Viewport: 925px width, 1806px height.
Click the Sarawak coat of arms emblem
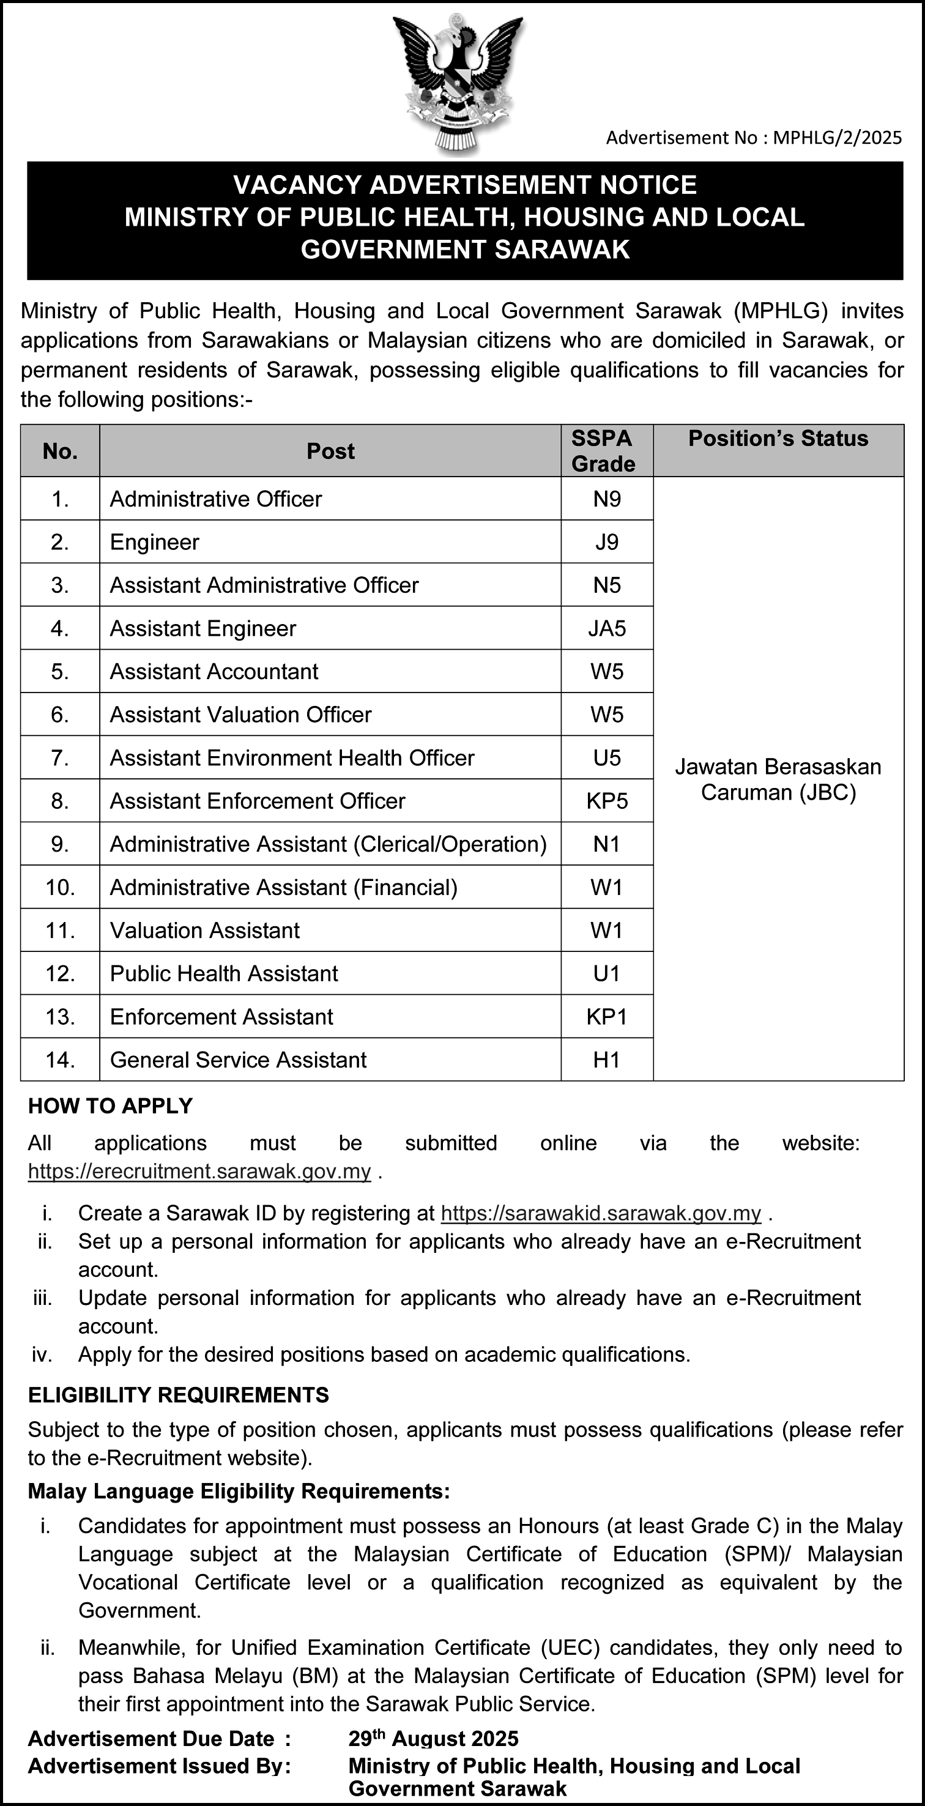458,81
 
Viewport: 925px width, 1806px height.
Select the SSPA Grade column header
603,451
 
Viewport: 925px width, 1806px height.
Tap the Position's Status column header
778,439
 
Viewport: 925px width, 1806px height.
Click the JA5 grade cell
607,628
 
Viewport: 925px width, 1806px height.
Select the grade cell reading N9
607,499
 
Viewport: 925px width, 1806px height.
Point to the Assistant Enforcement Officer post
258,801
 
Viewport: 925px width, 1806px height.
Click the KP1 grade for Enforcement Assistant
607,1017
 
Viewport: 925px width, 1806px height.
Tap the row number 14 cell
61,1060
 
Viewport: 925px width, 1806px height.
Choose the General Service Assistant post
239,1060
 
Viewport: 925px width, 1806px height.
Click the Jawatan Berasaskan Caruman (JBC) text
778,779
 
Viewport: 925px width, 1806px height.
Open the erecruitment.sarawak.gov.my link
199,1172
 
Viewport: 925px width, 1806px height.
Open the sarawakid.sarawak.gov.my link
601,1213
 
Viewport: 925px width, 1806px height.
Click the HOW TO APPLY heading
110,1106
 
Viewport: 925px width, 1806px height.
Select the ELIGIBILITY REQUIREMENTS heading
178,1395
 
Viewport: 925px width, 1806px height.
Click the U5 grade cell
607,758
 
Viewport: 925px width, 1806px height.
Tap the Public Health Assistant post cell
224,973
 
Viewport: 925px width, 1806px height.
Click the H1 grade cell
607,1060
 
